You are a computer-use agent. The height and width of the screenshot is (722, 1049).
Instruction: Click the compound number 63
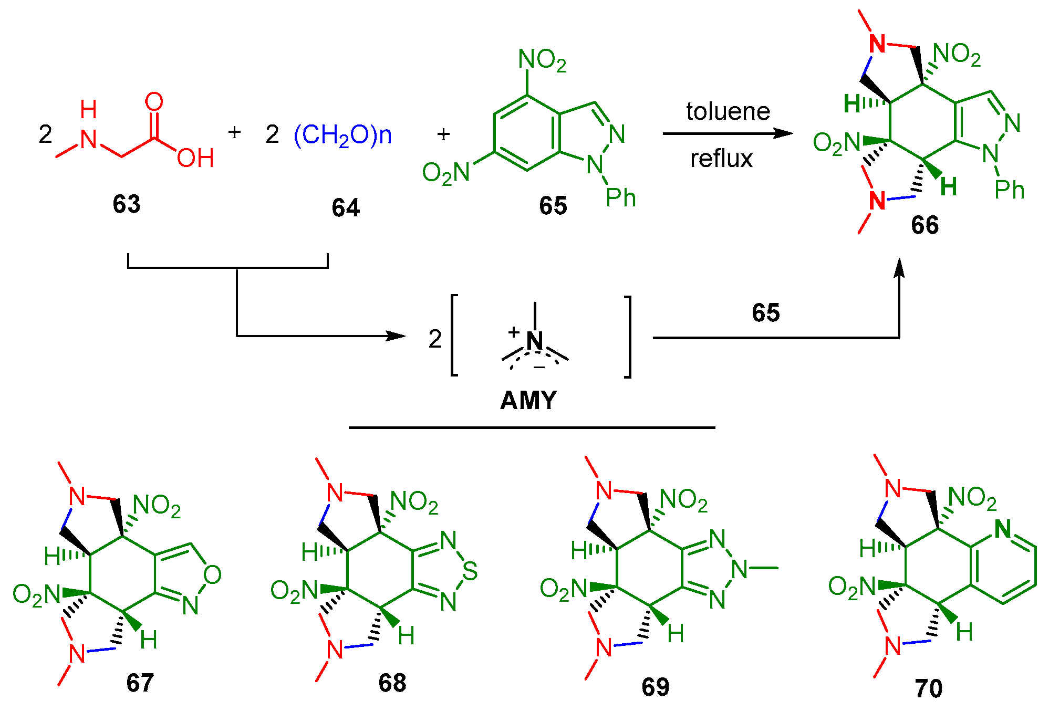click(x=126, y=204)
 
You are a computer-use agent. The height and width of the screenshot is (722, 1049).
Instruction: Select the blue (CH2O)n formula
click(x=342, y=135)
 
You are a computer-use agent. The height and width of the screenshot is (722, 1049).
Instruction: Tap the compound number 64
click(x=345, y=208)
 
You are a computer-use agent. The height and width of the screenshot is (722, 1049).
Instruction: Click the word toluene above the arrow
click(x=728, y=111)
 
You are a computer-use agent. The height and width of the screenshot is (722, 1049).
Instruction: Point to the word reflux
click(x=721, y=159)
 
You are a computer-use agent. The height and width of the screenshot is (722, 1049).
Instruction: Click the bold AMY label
click(x=528, y=401)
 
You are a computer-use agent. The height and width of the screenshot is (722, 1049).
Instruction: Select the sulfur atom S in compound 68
click(x=470, y=571)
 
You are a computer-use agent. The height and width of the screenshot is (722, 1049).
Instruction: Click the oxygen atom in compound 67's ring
click(x=212, y=575)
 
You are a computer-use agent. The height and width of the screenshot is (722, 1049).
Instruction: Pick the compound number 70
click(x=928, y=688)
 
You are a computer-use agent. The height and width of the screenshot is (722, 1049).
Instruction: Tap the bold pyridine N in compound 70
click(x=1002, y=529)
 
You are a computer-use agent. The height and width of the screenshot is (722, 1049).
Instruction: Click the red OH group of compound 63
click(x=195, y=158)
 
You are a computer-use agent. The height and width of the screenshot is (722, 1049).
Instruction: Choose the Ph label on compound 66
click(x=1009, y=190)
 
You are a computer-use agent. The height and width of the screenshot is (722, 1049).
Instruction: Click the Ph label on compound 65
click(x=620, y=198)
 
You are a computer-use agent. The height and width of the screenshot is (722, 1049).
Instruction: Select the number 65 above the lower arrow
click(x=765, y=313)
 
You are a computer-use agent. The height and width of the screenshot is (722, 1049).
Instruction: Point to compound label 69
click(x=655, y=687)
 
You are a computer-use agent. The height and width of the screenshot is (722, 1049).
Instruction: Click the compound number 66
click(x=925, y=225)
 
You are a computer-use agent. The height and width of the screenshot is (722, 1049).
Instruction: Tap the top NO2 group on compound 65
click(x=542, y=60)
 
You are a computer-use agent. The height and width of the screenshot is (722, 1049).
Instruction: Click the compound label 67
click(x=140, y=683)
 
